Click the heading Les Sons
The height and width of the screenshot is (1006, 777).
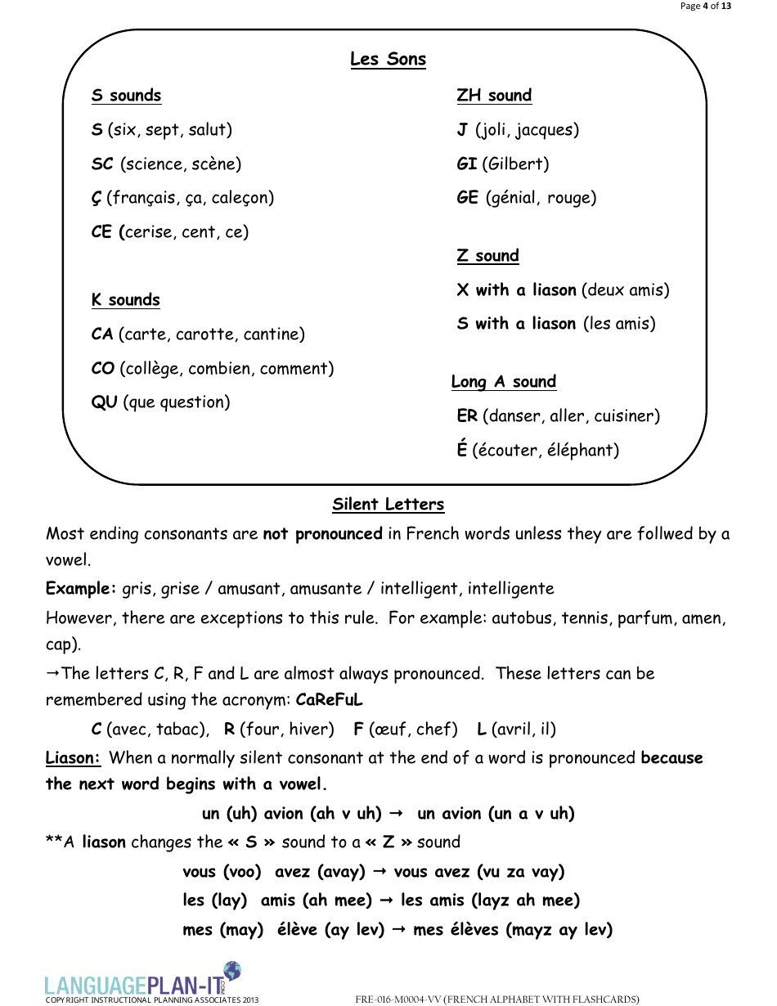tap(388, 59)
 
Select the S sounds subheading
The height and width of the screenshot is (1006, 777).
tap(126, 96)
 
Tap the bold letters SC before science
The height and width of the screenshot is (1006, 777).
tap(102, 164)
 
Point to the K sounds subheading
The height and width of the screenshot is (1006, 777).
tap(125, 300)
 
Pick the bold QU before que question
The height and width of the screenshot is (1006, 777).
tap(105, 402)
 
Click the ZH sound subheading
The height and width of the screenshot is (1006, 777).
tap(494, 96)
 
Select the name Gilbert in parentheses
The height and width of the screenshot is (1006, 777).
tap(515, 164)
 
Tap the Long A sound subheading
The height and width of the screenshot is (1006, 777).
tap(503, 382)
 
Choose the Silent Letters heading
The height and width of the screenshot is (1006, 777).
tap(388, 505)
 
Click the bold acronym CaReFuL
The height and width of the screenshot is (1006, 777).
tap(329, 700)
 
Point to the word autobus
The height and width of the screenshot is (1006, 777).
tap(523, 618)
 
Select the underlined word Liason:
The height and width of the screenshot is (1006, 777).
tap(73, 758)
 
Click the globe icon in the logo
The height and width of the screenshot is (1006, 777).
tap(232, 971)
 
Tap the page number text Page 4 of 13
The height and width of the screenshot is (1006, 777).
tap(705, 7)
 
